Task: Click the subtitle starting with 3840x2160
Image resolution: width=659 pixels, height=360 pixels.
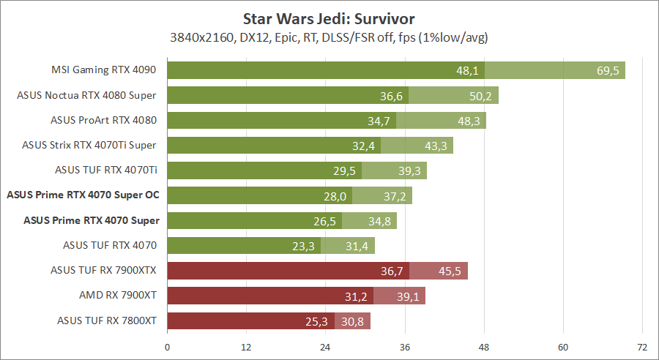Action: coord(329,37)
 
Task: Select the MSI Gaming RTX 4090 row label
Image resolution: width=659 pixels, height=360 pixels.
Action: coord(105,70)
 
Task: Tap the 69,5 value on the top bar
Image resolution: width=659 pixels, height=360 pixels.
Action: coord(608,70)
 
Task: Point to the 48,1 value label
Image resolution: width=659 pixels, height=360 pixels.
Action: coord(467,70)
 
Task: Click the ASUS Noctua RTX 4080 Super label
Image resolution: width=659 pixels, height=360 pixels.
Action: coord(88,95)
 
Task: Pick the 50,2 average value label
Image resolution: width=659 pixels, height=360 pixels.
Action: coord(482,95)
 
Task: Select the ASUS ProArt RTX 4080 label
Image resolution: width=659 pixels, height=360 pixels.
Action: coord(104,120)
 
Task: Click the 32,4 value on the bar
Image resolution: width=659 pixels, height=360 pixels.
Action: coord(363,146)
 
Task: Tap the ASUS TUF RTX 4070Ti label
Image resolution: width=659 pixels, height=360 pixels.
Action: coord(107,170)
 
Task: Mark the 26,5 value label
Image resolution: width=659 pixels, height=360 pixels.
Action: coord(324,220)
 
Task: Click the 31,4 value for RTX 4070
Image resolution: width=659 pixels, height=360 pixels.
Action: coord(357,245)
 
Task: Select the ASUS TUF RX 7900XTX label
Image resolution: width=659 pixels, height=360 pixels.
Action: coord(104,270)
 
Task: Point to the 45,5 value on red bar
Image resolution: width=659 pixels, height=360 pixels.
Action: coord(450,270)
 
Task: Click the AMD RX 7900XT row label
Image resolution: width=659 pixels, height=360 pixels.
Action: coord(118,295)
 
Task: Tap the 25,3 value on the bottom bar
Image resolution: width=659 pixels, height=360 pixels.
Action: coord(318,320)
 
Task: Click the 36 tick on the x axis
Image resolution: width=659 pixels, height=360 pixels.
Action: coord(405,346)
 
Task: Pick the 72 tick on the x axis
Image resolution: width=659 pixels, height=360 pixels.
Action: coord(642,346)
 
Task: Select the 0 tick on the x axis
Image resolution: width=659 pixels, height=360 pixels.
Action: coord(168,346)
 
